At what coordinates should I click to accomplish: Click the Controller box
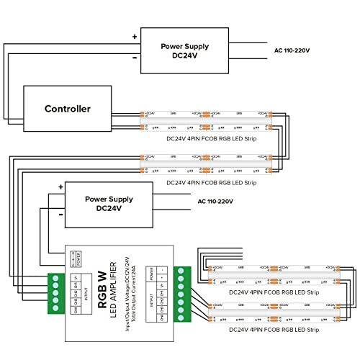[x=69, y=109]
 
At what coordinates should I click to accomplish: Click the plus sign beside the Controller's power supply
[x=134, y=35]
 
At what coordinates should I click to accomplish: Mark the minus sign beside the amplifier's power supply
[x=61, y=215]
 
